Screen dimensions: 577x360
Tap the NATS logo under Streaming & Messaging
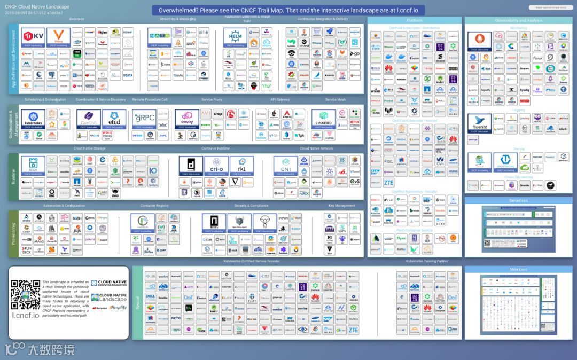159,37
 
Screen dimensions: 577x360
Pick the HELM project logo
235,37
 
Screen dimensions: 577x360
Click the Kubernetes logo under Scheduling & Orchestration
33,119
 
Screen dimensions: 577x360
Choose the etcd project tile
114,119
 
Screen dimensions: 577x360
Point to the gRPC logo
144,119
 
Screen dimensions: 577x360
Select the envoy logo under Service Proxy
187,119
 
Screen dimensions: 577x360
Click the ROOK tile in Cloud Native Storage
33,166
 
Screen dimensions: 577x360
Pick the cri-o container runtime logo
217,166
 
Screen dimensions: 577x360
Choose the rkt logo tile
240,166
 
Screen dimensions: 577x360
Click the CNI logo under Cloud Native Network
286,166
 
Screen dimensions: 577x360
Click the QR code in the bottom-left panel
26,294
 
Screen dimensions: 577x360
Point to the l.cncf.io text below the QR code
26,315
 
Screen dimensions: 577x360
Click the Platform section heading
414,20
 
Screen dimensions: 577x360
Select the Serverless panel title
518,200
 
